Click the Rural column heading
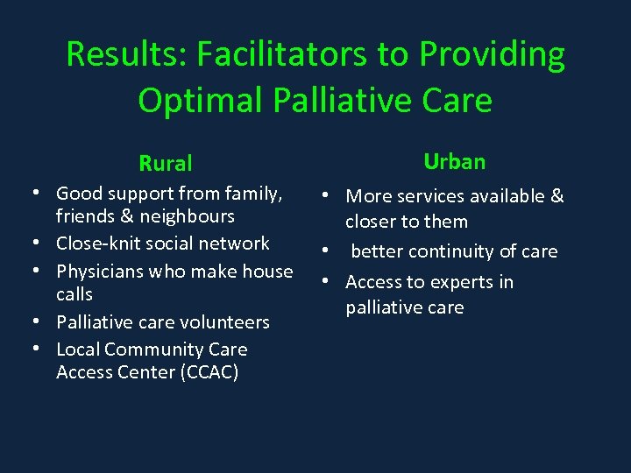[166, 163]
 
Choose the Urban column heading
[454, 161]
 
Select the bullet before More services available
[325, 196]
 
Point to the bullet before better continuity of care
[325, 251]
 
